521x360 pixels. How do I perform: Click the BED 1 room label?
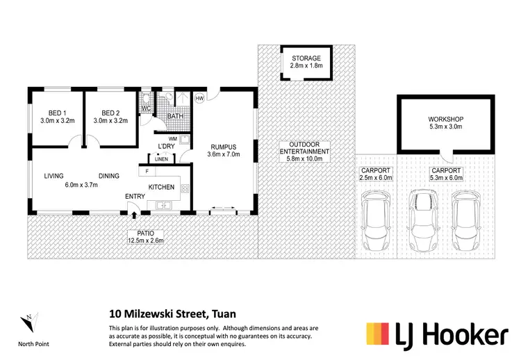pos(57,113)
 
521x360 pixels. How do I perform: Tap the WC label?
pos(147,108)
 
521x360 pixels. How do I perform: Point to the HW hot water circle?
pos(200,98)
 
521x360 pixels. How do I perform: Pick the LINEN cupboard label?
pos(161,159)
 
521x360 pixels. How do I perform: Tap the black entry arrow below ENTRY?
pos(134,208)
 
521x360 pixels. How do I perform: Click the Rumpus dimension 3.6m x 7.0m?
pos(224,155)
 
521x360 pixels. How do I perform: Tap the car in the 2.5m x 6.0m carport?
pos(377,222)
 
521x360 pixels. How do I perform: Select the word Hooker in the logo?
pos(459,336)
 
